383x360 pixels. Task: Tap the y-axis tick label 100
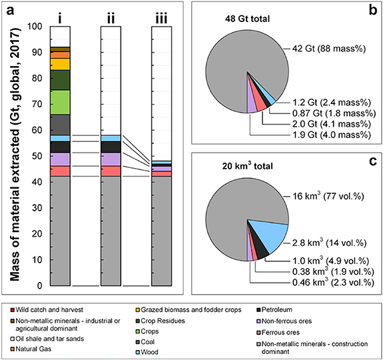click(x=37, y=27)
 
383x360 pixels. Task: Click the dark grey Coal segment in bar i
click(x=60, y=124)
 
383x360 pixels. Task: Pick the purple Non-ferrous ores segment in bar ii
click(x=110, y=159)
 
